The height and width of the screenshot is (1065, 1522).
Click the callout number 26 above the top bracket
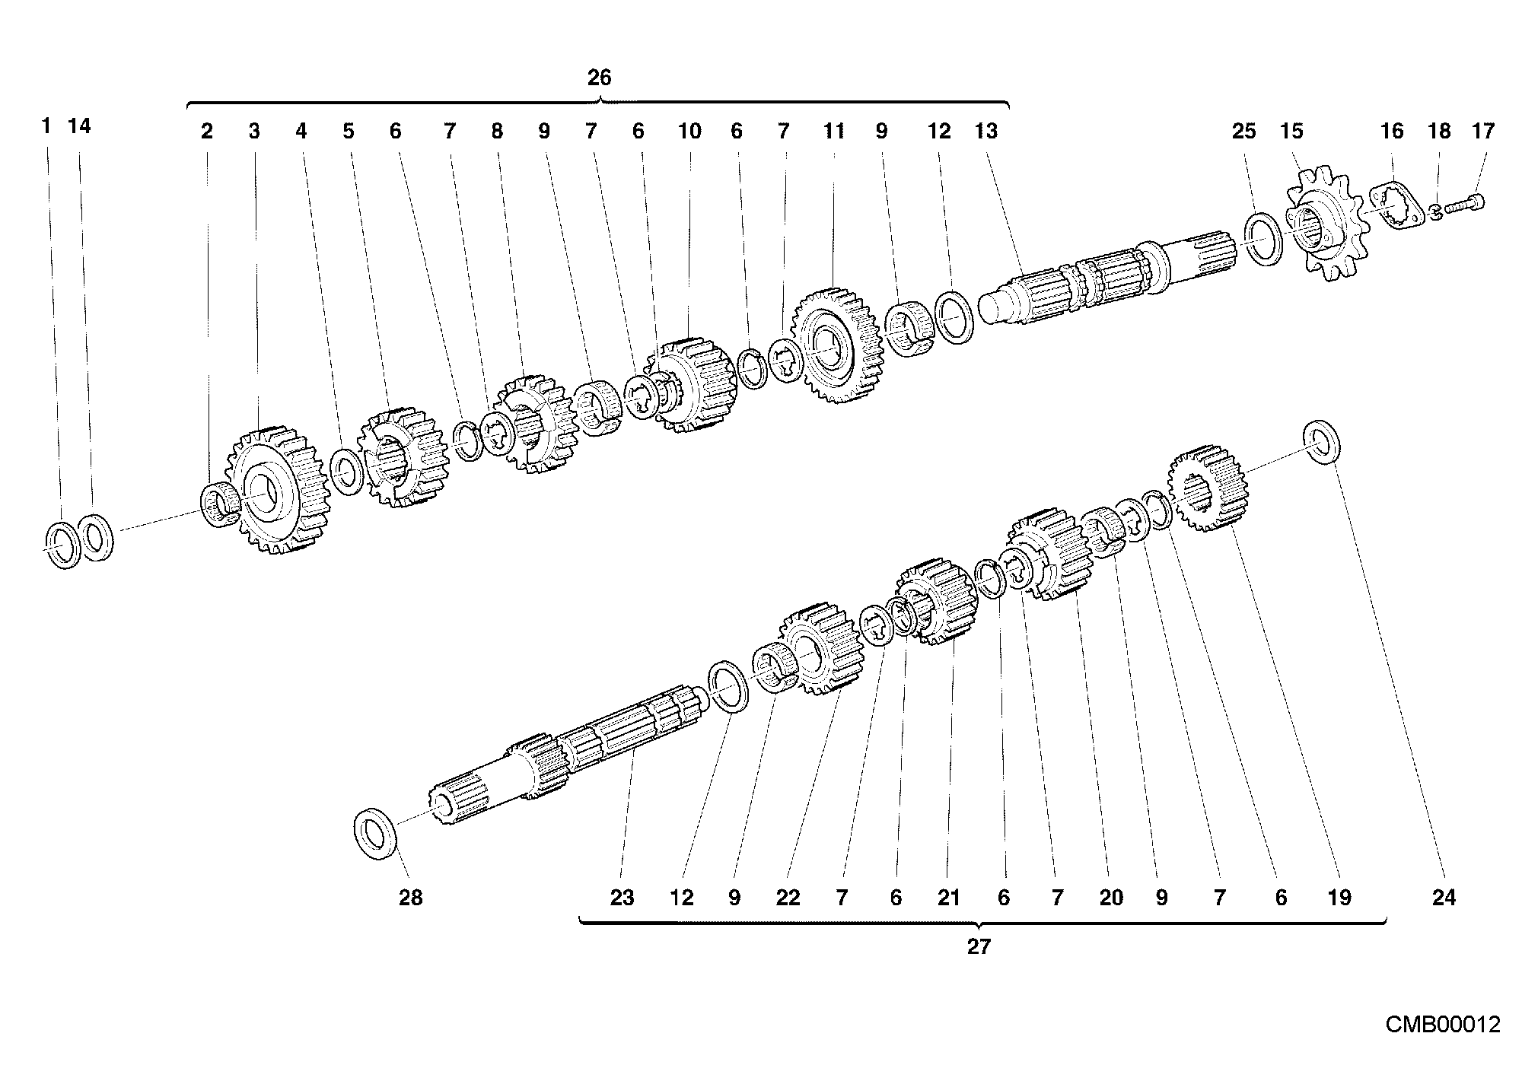(599, 78)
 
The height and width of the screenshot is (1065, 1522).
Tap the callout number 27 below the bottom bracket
(979, 947)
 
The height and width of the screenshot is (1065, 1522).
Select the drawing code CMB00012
(1442, 1024)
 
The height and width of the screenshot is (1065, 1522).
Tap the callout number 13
(985, 132)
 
